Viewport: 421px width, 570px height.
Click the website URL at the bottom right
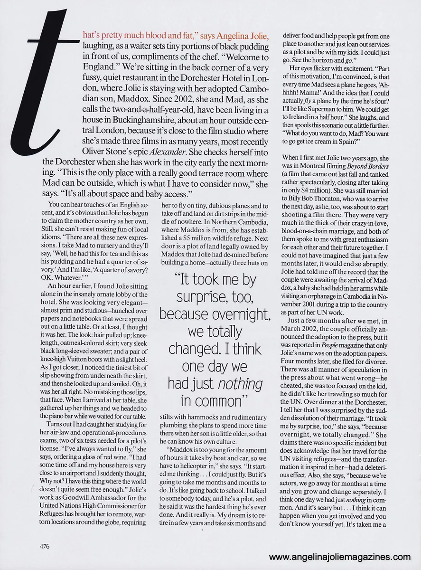click(x=339, y=557)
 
